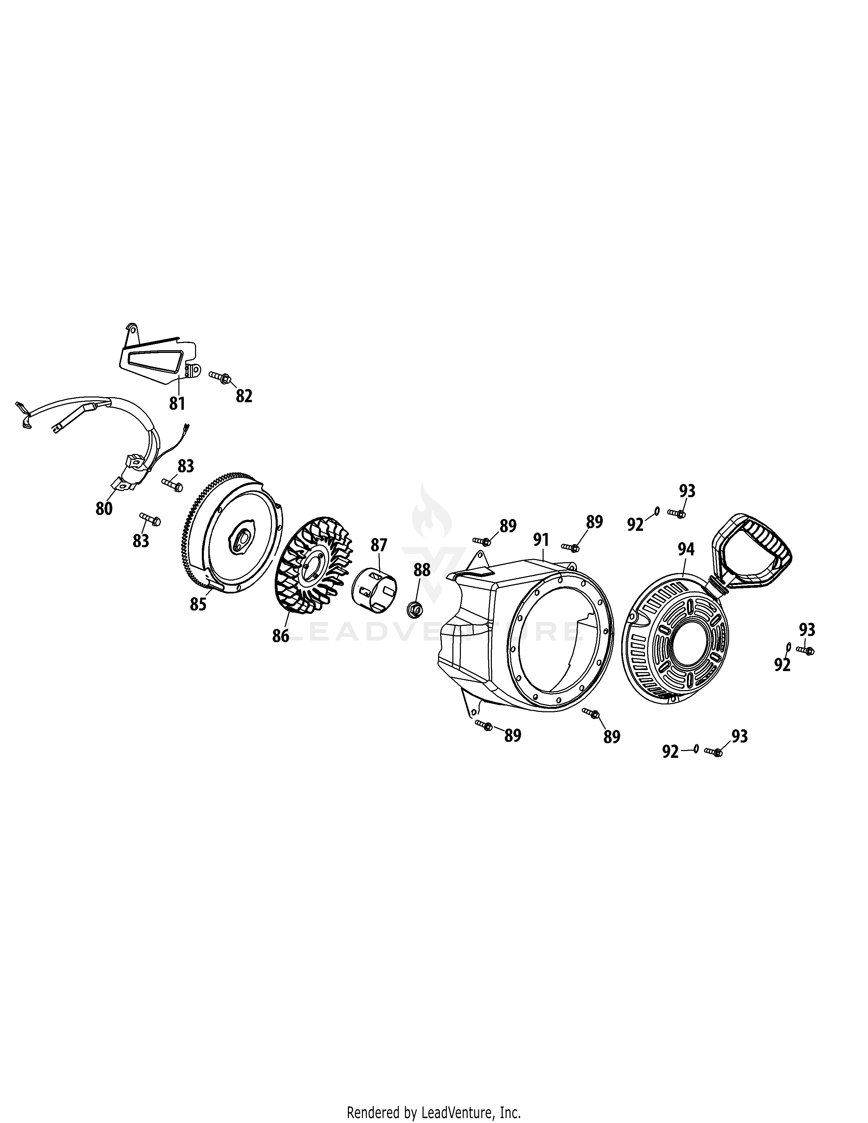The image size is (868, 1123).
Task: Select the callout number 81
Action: pyautogui.click(x=177, y=403)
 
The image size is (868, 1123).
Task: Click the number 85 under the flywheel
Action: pyautogui.click(x=198, y=604)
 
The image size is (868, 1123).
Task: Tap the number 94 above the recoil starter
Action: pyautogui.click(x=686, y=549)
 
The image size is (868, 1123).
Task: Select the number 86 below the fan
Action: pyautogui.click(x=281, y=636)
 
